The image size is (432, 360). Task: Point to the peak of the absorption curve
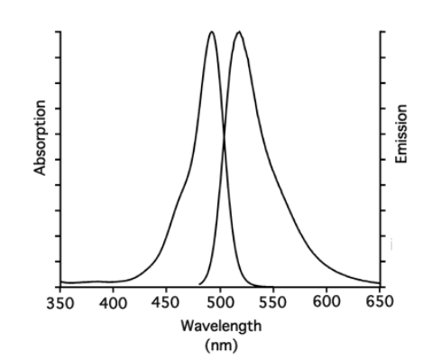point(212,32)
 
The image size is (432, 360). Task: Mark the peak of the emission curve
point(239,32)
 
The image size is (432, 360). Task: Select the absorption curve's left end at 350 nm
point(61,282)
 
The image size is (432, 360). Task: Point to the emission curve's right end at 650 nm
point(379,281)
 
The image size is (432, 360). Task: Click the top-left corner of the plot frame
point(60,31)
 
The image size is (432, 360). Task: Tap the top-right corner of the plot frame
point(380,31)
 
